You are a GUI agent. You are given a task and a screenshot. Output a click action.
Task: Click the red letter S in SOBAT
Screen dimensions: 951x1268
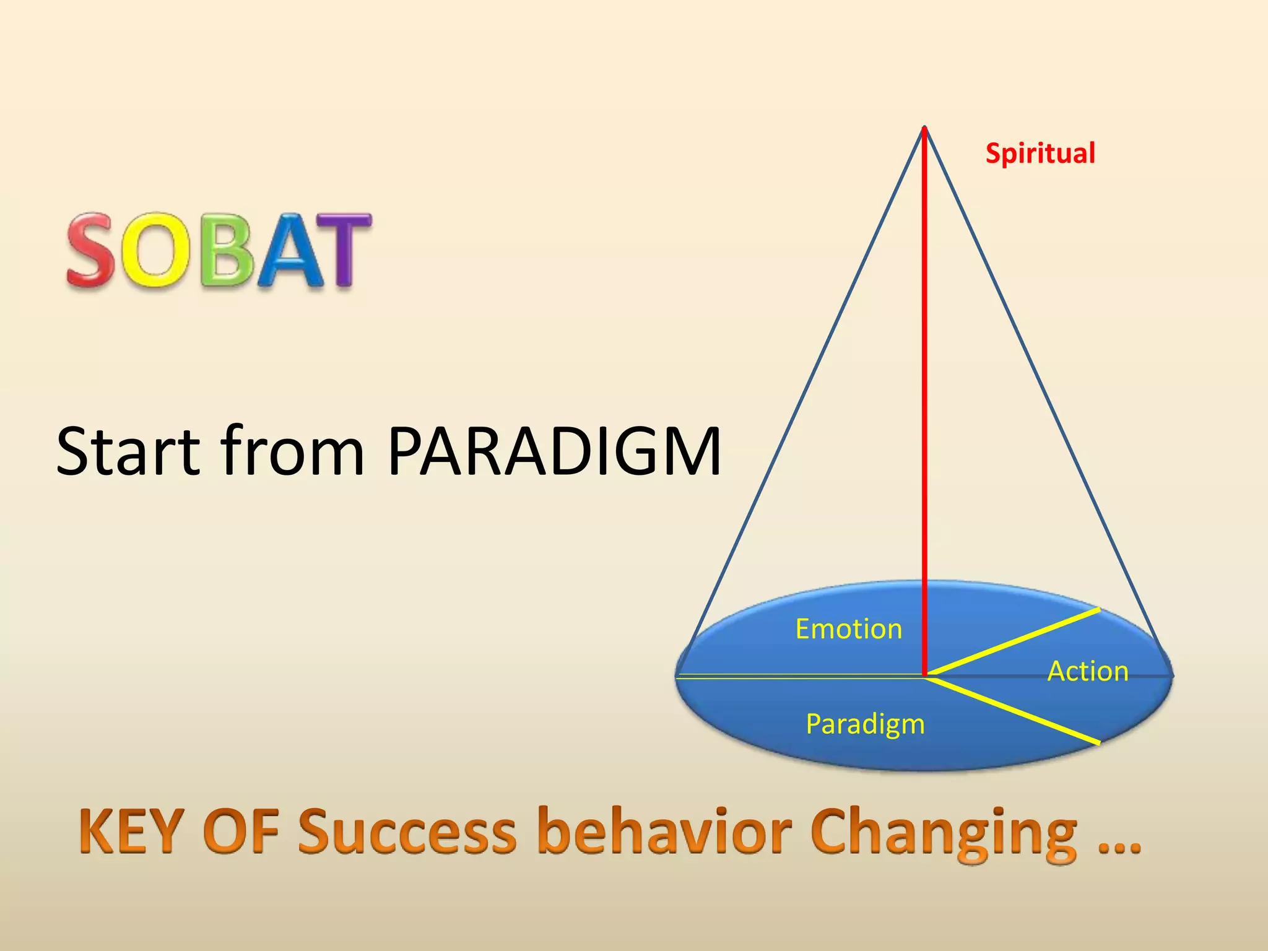coord(92,250)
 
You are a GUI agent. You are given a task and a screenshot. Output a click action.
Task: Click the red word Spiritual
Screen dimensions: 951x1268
coord(1040,154)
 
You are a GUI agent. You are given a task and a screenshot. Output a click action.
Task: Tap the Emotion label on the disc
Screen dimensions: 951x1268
coord(848,629)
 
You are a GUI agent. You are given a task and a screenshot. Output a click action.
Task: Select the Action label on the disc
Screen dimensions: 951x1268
coord(1088,671)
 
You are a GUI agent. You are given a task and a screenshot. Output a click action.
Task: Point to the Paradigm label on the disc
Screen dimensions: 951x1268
coord(865,724)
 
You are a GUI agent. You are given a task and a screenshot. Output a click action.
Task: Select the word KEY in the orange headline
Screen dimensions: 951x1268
coord(132,832)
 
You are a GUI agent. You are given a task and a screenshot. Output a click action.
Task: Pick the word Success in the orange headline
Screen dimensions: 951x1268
coord(407,832)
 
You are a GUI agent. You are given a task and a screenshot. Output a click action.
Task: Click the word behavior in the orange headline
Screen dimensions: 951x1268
coord(665,832)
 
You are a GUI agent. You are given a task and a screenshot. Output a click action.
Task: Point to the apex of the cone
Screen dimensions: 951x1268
coord(924,128)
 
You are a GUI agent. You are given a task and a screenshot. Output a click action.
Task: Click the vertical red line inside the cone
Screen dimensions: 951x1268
coord(924,402)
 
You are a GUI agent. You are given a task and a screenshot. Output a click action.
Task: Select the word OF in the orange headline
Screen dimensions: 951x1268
coord(242,832)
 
